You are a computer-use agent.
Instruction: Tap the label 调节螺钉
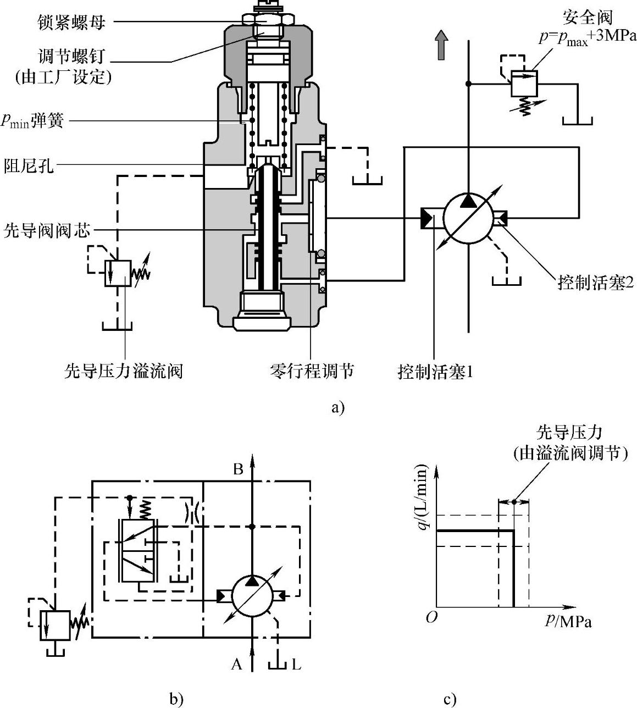pyautogui.click(x=71, y=56)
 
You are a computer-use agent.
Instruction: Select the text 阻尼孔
pyautogui.click(x=29, y=165)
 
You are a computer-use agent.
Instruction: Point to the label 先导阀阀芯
pyautogui.click(x=47, y=230)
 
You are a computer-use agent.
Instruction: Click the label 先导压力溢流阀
pyautogui.click(x=124, y=371)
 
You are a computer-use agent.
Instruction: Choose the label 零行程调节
pyautogui.click(x=312, y=371)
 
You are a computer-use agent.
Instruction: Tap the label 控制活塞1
pyautogui.click(x=435, y=372)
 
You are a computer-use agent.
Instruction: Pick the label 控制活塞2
pyautogui.click(x=596, y=283)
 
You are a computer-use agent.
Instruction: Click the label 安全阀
pyautogui.click(x=588, y=17)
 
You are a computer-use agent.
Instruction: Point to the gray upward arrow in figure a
pyautogui.click(x=441, y=45)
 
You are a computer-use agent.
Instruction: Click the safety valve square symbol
pyautogui.click(x=524, y=84)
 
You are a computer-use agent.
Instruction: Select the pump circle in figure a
pyautogui.click(x=468, y=218)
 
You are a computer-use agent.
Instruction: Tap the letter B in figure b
pyautogui.click(x=238, y=469)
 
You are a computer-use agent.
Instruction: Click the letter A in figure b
pyautogui.click(x=237, y=664)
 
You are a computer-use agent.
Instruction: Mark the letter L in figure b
pyautogui.click(x=296, y=665)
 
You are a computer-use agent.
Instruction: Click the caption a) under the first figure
pyautogui.click(x=337, y=408)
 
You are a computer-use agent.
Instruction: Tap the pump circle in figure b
pyautogui.click(x=252, y=596)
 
